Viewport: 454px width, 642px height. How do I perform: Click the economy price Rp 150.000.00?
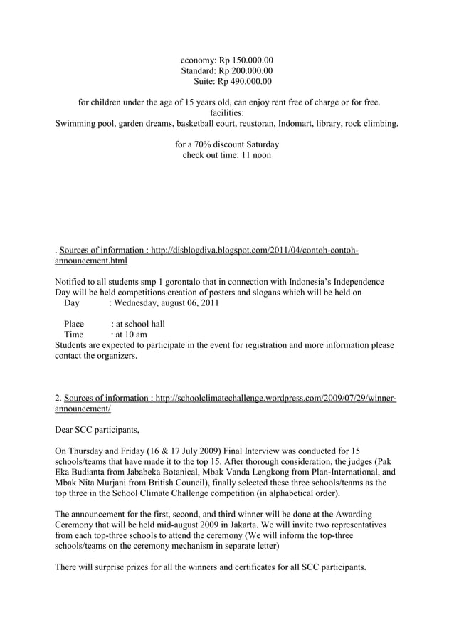(245, 60)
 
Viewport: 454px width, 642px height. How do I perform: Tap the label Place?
(74, 324)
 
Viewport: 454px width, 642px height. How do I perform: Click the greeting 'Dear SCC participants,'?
(97, 430)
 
